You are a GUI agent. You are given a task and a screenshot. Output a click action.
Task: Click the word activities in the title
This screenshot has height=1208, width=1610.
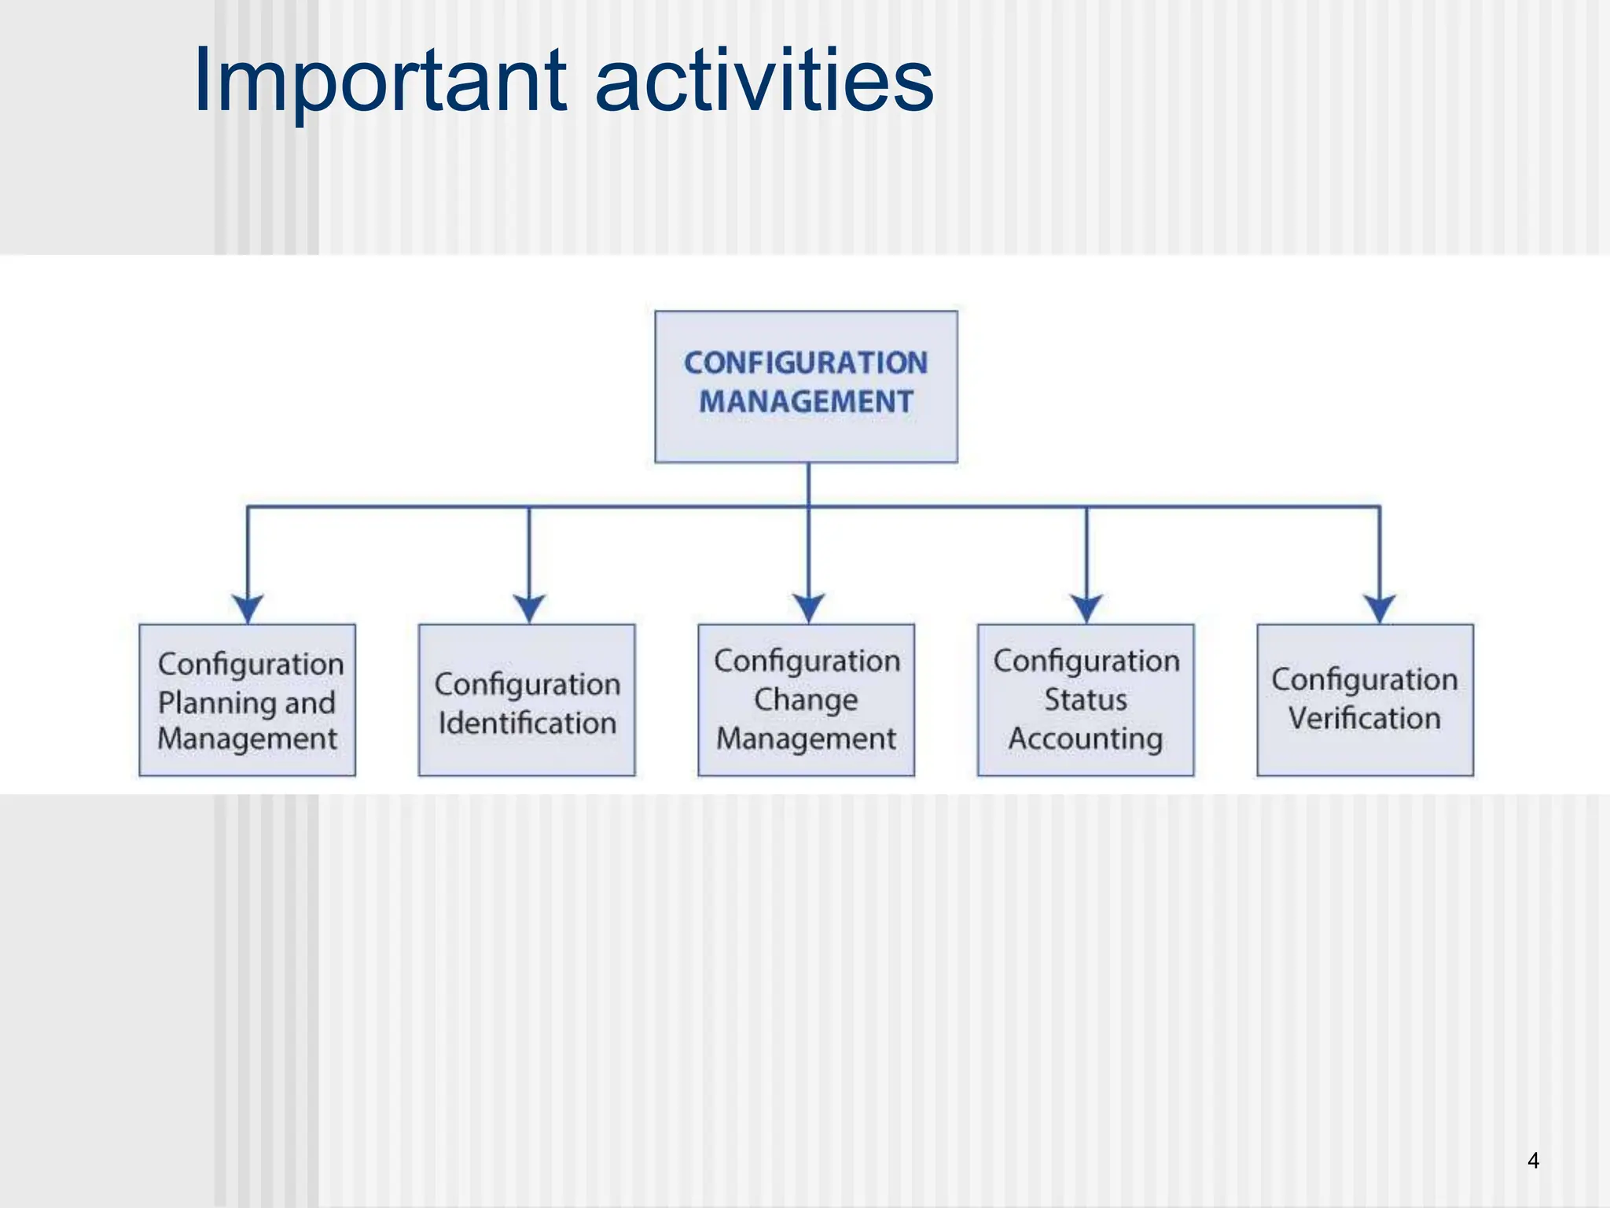point(764,80)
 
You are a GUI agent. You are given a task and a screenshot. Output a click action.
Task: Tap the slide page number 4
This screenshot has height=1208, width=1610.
point(1532,1160)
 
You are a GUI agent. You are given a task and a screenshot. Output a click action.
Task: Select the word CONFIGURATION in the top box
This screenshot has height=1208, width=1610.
point(806,363)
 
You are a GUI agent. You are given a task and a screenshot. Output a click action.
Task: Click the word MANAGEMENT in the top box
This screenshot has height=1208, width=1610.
point(806,402)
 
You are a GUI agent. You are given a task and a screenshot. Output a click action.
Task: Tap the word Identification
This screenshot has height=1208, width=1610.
point(527,723)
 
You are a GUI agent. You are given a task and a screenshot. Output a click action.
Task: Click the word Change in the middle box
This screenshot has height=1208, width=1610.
point(806,699)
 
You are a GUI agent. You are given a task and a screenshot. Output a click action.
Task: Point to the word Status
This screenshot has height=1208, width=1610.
point(1086,699)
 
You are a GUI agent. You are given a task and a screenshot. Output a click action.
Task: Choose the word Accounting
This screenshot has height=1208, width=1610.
point(1086,738)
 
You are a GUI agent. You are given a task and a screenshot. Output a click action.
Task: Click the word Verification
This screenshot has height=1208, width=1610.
point(1365,718)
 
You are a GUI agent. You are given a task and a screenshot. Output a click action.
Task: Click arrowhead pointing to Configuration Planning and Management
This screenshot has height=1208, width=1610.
point(248,609)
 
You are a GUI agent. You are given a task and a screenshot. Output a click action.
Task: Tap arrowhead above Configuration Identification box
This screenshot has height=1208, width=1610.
point(529,609)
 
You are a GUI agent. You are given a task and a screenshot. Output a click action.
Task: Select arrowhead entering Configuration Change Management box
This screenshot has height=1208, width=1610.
point(808,609)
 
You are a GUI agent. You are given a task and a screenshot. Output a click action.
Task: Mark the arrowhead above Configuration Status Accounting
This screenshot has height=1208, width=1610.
point(1086,609)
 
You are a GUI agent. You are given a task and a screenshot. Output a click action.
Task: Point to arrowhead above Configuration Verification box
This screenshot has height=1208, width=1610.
point(1380,609)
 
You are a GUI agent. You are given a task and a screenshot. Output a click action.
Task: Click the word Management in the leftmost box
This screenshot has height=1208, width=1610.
point(247,739)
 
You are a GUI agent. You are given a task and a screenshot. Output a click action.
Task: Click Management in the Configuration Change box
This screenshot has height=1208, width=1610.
point(806,739)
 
